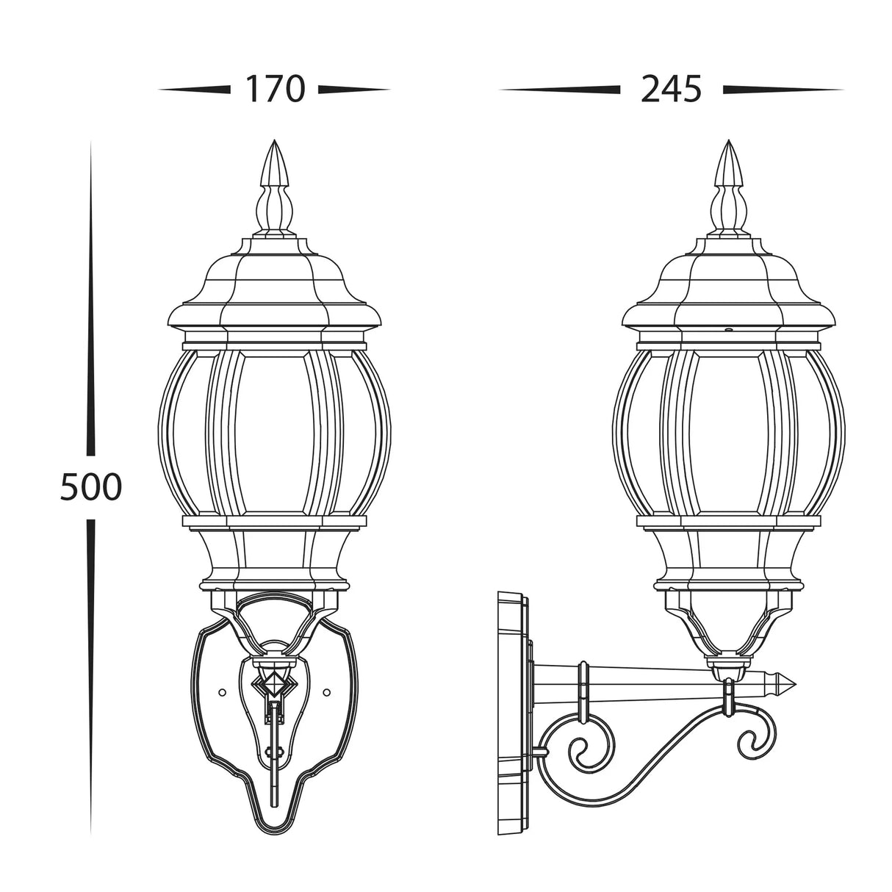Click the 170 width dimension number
275,90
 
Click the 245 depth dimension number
671,90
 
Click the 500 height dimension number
91,487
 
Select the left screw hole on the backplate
222,692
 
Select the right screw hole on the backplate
327,692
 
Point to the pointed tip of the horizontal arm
794,683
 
